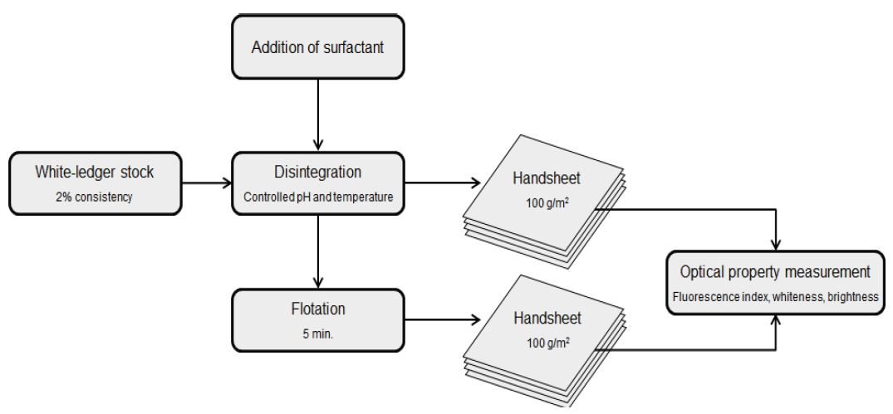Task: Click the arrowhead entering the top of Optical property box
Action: coord(776,243)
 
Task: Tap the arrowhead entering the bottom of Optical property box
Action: coord(776,324)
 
